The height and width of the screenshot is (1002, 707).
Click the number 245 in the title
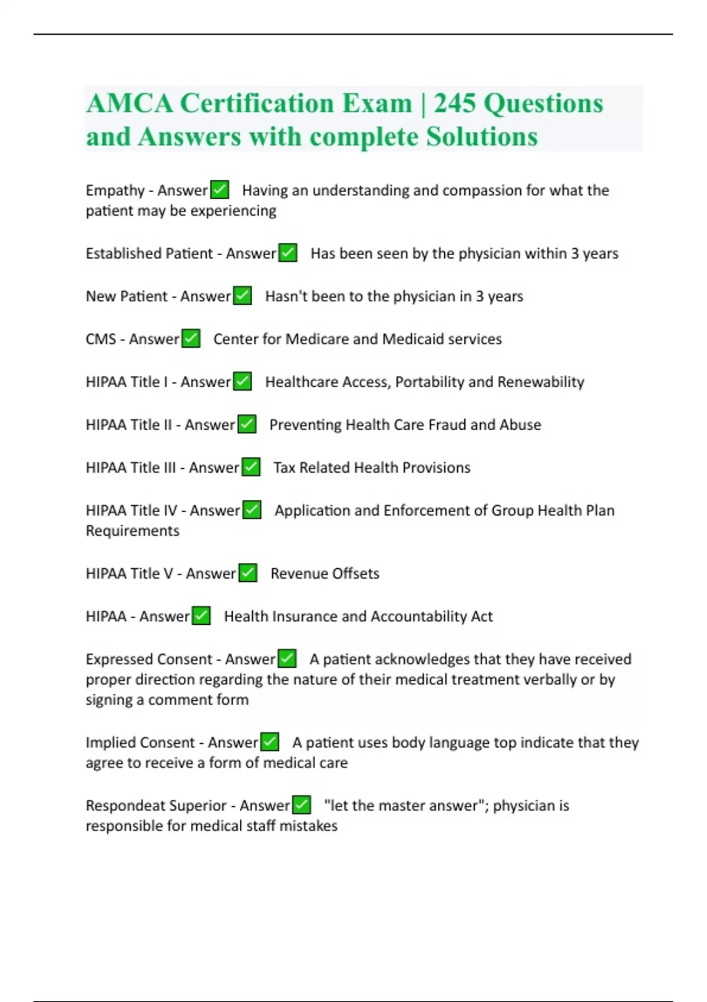click(454, 104)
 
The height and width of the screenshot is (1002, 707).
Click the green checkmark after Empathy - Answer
click(220, 190)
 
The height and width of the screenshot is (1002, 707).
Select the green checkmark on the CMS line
click(191, 339)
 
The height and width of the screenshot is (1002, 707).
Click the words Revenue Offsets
click(325, 573)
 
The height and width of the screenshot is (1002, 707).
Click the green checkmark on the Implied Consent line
click(270, 742)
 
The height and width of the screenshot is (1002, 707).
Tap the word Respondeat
click(121, 806)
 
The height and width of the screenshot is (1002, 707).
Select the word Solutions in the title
click(481, 137)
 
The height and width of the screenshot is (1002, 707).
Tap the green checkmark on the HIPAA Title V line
click(248, 573)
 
